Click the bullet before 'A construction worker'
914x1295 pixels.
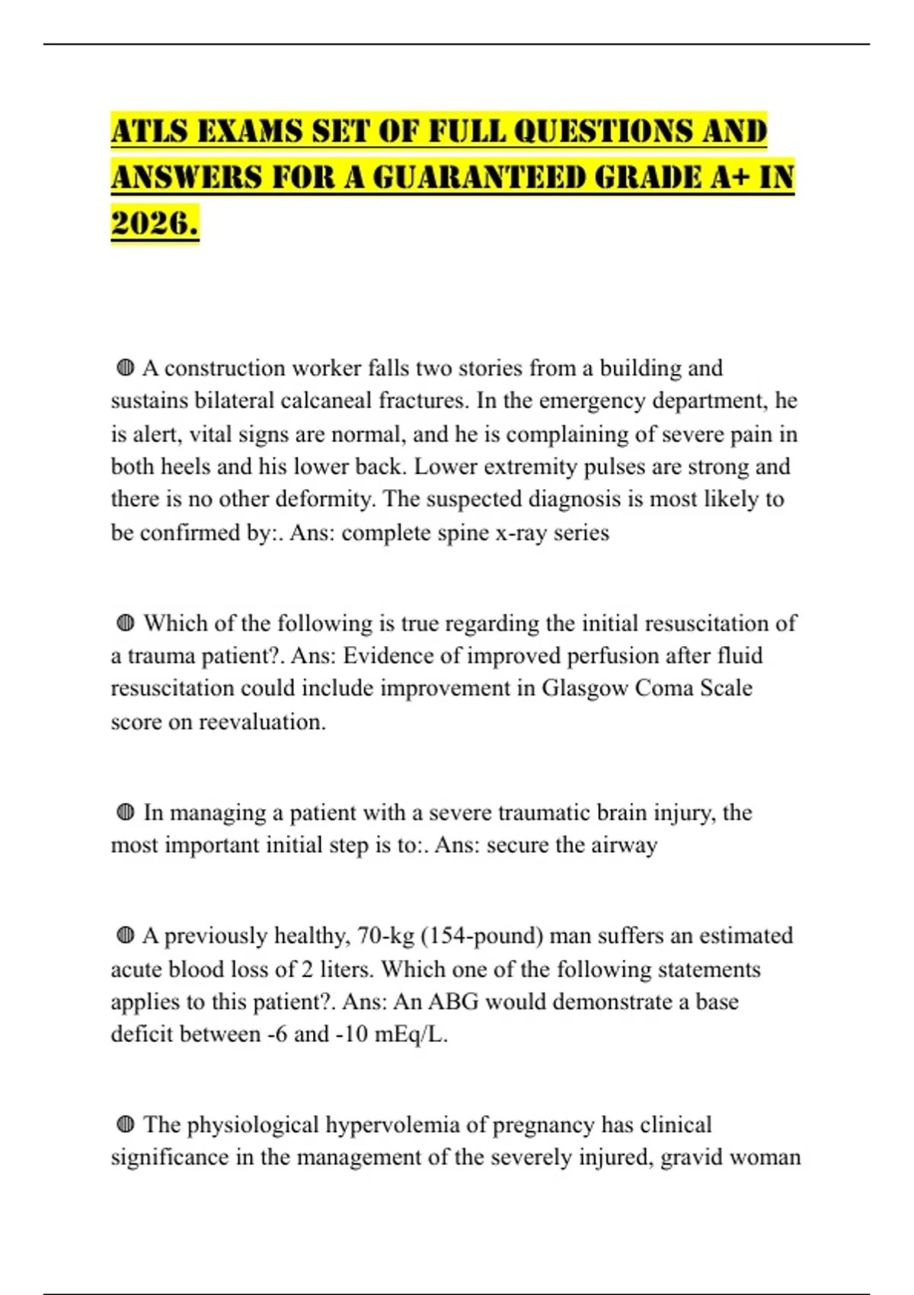pos(126,369)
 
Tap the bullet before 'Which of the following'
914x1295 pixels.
pos(126,624)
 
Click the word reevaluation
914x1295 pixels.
pos(262,722)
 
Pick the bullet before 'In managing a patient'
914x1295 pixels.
pos(126,813)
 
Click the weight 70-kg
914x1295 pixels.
pos(385,936)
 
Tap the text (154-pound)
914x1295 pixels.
pos(481,936)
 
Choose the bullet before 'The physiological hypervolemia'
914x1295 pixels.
pos(126,1125)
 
